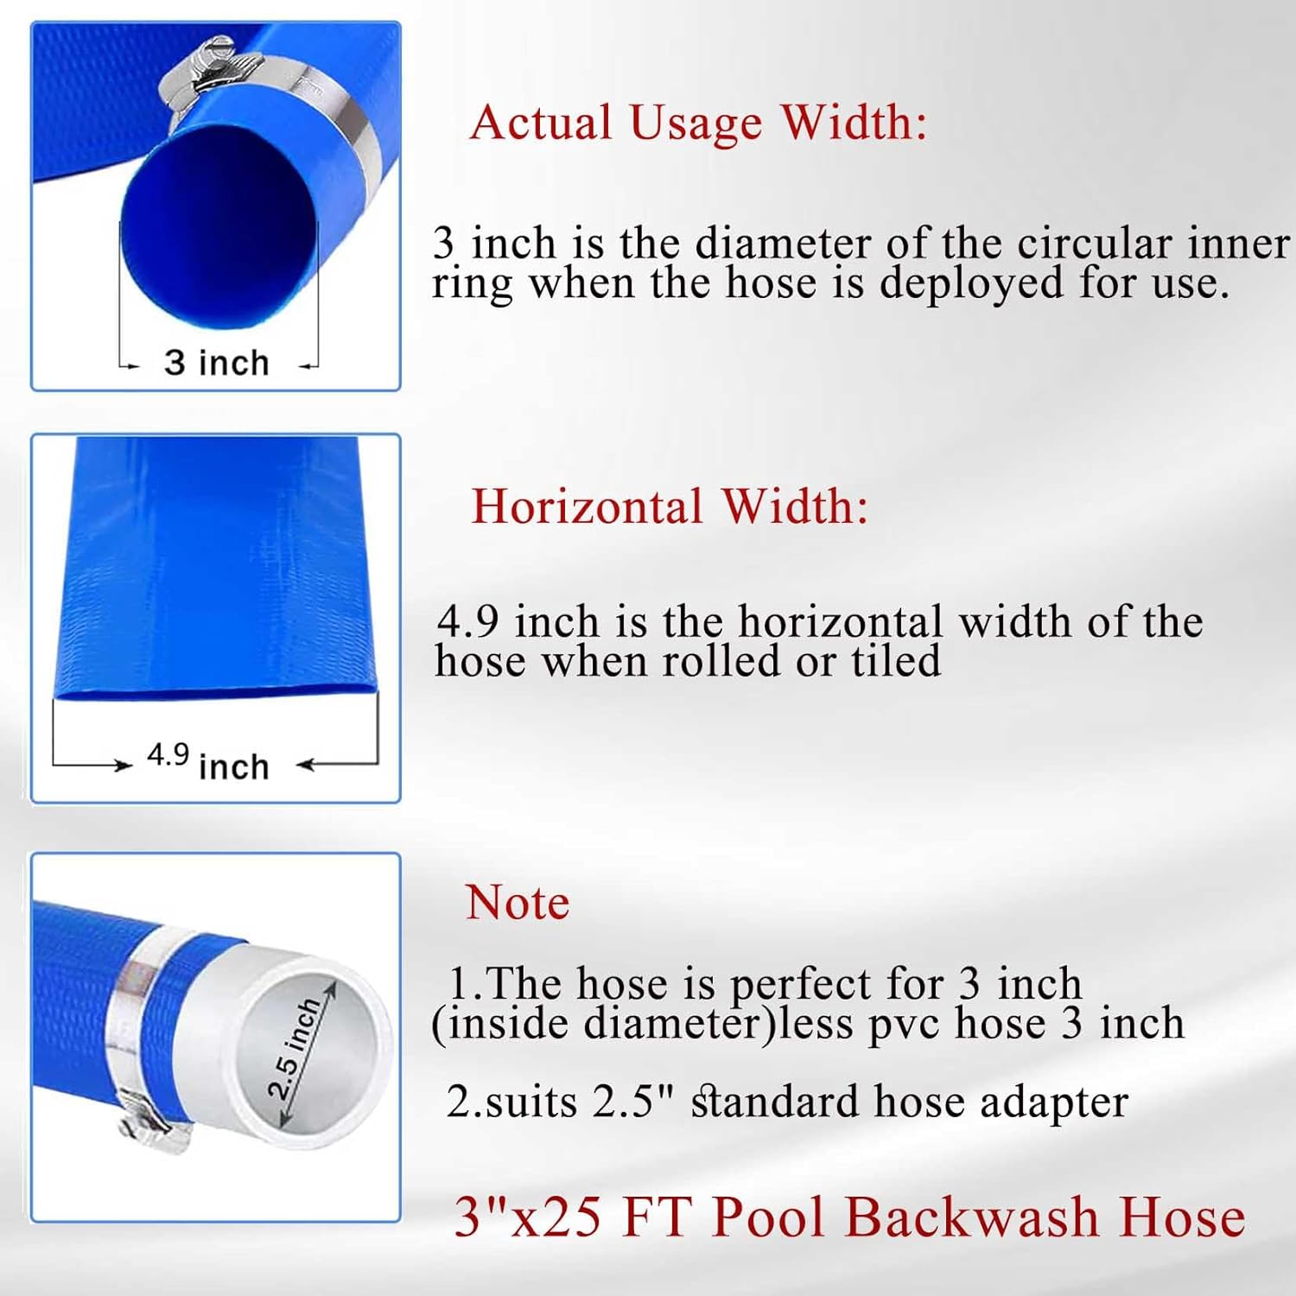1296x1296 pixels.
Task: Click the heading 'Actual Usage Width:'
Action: pos(698,124)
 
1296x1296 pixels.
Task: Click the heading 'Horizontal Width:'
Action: pos(670,506)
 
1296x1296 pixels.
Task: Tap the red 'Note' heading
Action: pos(518,904)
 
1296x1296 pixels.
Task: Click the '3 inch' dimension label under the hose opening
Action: pos(217,363)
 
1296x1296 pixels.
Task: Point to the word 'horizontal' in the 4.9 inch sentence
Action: pos(840,622)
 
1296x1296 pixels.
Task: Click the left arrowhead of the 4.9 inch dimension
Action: pos(122,765)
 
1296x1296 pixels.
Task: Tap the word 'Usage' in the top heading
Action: pos(696,124)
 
